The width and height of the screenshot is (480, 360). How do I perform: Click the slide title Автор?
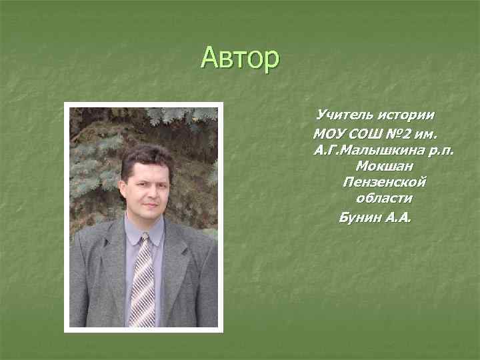[x=240, y=59]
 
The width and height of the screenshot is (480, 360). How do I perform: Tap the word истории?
[x=407, y=115]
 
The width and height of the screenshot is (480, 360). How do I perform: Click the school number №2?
[x=402, y=131]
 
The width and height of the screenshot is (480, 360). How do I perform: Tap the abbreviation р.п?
[x=438, y=149]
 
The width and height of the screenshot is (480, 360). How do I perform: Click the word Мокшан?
[x=383, y=165]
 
